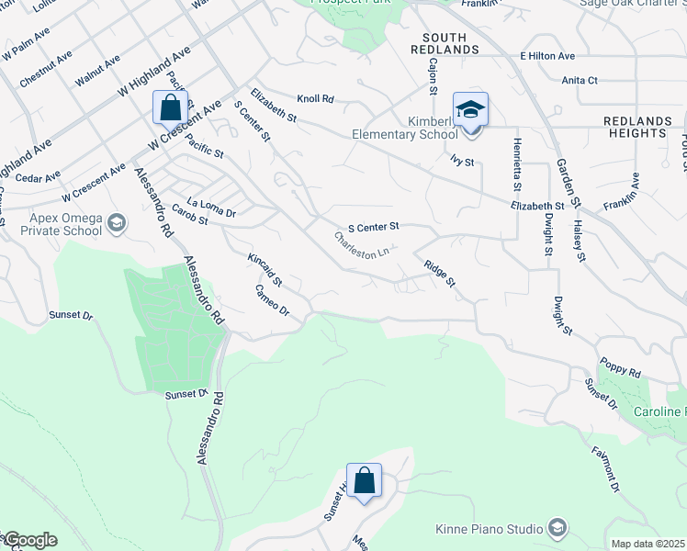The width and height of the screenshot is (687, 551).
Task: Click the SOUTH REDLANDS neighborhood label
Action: point(451,42)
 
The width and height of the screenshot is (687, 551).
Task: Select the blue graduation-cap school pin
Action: point(470,111)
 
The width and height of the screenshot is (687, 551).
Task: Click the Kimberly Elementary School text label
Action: point(405,128)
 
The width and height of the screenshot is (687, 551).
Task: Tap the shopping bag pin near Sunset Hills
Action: point(364,481)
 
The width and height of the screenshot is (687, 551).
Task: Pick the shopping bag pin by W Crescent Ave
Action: point(171,108)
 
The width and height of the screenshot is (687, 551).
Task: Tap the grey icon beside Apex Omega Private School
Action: point(117,222)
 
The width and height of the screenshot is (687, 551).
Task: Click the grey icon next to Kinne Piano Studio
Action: point(557,527)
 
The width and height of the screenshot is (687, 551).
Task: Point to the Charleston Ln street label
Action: point(366,245)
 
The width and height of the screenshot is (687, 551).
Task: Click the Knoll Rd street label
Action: point(315,98)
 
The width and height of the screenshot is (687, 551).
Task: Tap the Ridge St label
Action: point(439,273)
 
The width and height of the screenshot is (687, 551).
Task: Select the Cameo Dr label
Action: point(272,300)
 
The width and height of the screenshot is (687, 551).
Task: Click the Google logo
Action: point(29,540)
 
